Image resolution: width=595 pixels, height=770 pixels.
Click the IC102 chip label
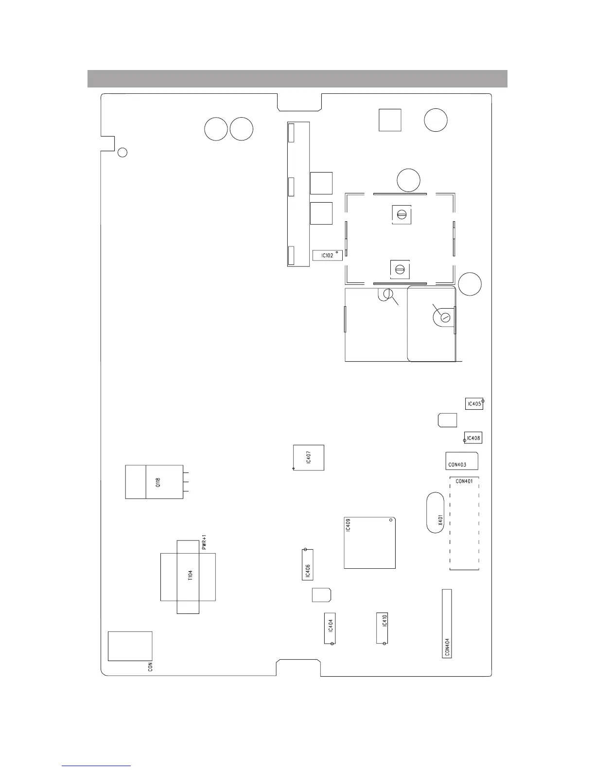pyautogui.click(x=327, y=256)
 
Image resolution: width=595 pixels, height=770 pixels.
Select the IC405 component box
pyautogui.click(x=474, y=403)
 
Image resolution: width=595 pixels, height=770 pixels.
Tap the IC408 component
pyautogui.click(x=473, y=438)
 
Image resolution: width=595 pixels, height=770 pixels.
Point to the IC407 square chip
pyautogui.click(x=309, y=457)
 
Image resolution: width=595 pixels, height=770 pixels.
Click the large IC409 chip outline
pyautogui.click(x=369, y=543)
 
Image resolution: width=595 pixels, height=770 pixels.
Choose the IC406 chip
pyautogui.click(x=308, y=565)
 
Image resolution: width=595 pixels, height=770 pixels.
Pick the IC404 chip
pyautogui.click(x=330, y=628)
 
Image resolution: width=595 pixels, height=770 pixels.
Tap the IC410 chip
pyautogui.click(x=382, y=628)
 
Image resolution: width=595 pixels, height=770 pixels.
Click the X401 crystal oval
pyautogui.click(x=435, y=512)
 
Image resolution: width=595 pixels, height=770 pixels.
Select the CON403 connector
pyautogui.click(x=462, y=461)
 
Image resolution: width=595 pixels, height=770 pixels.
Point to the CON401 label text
pyautogui.click(x=464, y=481)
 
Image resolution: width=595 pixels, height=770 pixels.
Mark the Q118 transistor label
pyautogui.click(x=158, y=482)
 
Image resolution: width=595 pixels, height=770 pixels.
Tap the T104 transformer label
pyautogui.click(x=190, y=575)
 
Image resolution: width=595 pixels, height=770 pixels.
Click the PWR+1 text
pyautogui.click(x=204, y=542)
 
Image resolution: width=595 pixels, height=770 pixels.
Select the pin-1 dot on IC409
pyautogui.click(x=391, y=520)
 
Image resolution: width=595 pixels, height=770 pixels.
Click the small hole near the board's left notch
pyautogui.click(x=122, y=152)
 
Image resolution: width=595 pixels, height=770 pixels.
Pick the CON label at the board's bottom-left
pyautogui.click(x=150, y=666)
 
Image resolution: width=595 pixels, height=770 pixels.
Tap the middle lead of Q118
pyautogui.click(x=186, y=482)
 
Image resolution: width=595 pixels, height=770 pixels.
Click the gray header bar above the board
pyautogui.click(x=297, y=79)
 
